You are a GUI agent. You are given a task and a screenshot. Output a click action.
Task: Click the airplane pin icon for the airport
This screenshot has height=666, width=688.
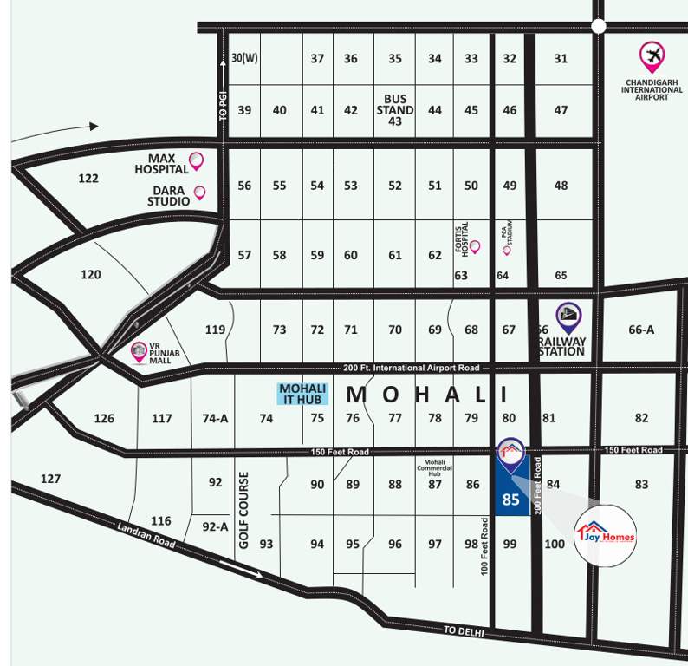coord(652,57)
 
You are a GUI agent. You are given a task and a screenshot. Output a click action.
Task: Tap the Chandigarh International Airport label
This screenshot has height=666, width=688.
coord(654,89)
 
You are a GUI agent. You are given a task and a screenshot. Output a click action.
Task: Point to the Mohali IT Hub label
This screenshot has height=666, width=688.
coord(302,394)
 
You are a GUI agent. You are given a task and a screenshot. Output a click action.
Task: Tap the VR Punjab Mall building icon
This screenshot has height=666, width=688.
coord(138,351)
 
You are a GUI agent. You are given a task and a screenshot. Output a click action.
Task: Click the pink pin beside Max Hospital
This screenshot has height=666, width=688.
coord(196,160)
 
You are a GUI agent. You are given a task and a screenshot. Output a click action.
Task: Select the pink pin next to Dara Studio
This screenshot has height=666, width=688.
coord(199,193)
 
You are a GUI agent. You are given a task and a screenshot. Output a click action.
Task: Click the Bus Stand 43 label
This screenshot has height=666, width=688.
coord(394,110)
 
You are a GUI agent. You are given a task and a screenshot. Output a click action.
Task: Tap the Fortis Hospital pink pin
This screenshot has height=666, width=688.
coord(474,247)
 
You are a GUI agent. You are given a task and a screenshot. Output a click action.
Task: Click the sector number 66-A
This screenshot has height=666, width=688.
coord(641,330)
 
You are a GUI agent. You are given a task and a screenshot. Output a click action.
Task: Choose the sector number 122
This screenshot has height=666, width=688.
coord(88,178)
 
